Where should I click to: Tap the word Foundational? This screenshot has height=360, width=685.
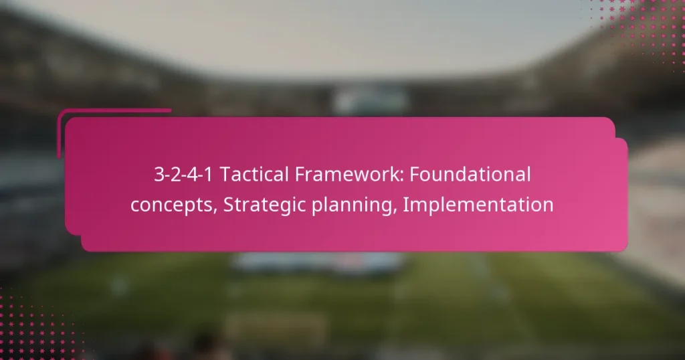[470, 175]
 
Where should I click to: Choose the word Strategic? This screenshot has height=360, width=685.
[267, 205]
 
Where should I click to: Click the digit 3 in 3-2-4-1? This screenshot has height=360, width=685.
[159, 175]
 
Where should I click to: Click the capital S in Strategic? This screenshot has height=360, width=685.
[229, 205]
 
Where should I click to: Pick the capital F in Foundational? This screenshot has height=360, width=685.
[413, 175]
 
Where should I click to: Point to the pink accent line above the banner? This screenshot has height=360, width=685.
[114, 111]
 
